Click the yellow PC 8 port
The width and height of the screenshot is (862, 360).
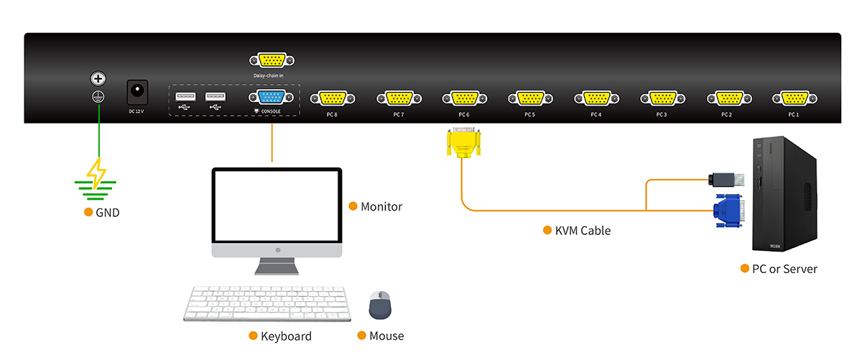332,99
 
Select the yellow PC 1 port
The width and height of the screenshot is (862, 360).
793,99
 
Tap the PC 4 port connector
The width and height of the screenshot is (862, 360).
596,99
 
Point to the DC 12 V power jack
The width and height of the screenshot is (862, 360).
137,92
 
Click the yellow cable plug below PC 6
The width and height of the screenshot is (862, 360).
463,143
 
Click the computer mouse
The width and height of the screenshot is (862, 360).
380,305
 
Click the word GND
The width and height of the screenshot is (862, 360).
108,213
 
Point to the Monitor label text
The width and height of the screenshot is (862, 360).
381,207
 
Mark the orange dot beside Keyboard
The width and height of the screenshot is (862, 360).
253,336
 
